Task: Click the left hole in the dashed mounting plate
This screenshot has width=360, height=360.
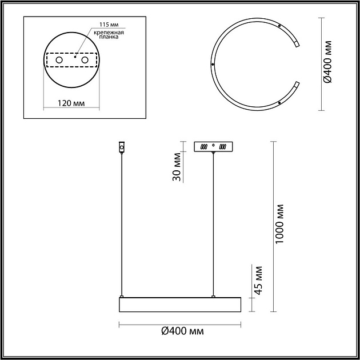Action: click(59, 59)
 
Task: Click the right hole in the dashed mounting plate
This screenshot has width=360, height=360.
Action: click(85, 59)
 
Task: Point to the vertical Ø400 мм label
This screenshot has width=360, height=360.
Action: click(327, 64)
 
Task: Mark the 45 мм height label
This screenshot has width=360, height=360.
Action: click(258, 281)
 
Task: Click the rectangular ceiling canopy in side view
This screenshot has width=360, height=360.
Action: click(213, 147)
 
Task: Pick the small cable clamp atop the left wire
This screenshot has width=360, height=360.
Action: click(121, 147)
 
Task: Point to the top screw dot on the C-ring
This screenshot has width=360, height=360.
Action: click(279, 26)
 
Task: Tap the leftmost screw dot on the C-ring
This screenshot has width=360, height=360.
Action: click(213, 65)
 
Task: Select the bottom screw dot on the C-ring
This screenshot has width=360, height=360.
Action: click(279, 103)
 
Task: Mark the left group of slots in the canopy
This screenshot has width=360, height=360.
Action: click(203, 147)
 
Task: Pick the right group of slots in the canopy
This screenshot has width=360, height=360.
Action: click(223, 147)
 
